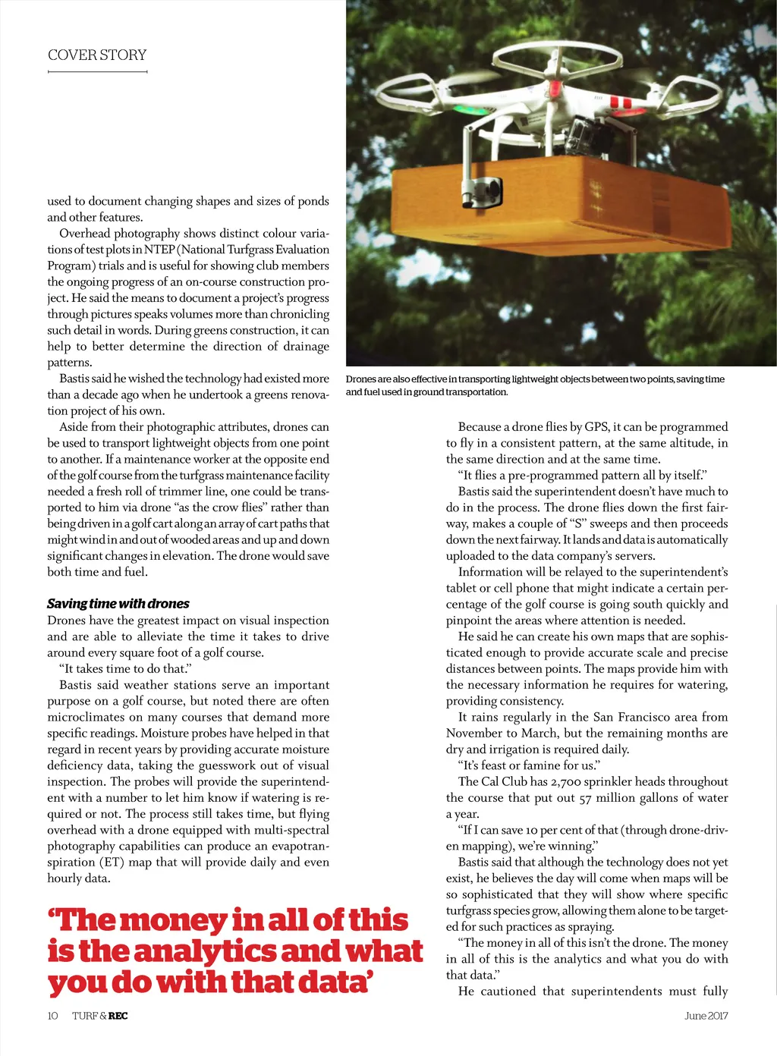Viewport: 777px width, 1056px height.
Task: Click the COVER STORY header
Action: coord(97,55)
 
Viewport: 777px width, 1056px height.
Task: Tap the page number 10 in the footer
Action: coord(52,1016)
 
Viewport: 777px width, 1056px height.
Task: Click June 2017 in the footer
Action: coord(706,1016)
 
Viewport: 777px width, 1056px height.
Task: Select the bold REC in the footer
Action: coord(118,1016)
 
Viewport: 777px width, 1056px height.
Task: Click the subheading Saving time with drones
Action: coord(118,604)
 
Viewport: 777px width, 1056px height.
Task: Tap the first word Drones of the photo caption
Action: coord(360,379)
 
